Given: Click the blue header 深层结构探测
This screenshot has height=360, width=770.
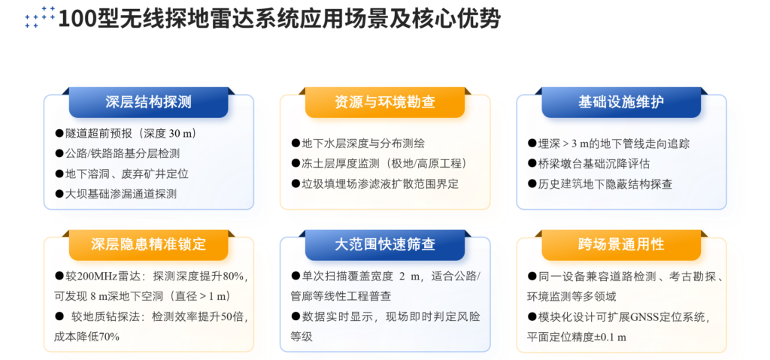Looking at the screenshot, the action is [x=148, y=102].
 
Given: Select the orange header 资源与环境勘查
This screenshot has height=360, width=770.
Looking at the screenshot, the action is [x=384, y=102].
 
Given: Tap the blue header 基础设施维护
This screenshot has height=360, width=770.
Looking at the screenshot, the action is [x=621, y=102].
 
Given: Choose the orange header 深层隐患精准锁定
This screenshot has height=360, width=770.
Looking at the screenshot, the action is [x=148, y=244].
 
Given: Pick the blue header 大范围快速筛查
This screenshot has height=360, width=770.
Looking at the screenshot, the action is [x=384, y=244].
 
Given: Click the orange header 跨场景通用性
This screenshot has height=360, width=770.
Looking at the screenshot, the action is [x=621, y=244].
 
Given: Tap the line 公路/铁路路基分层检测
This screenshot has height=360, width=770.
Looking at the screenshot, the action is [x=117, y=153].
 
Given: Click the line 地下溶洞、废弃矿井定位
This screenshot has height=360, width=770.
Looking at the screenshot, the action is [x=122, y=174].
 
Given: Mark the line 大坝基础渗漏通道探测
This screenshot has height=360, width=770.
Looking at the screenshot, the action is [x=116, y=193].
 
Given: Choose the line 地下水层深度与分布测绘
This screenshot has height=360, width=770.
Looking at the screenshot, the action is [x=358, y=144].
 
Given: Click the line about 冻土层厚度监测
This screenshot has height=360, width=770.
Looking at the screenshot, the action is [x=379, y=164].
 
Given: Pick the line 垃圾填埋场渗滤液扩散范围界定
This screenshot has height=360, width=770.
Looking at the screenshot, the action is [x=374, y=184].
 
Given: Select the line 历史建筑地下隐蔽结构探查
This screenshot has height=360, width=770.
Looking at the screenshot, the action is [x=600, y=184].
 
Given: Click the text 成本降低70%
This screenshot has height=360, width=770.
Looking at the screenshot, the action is [x=87, y=337].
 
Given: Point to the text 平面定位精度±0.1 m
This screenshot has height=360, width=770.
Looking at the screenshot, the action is [x=577, y=337].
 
